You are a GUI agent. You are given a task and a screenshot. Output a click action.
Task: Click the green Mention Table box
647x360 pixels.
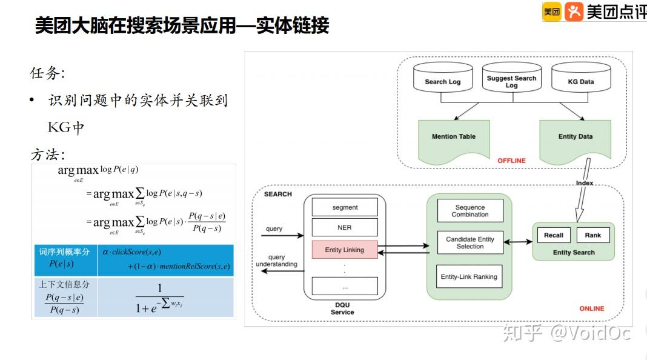[453, 138]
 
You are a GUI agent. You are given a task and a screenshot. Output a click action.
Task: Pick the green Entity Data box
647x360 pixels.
[575, 138]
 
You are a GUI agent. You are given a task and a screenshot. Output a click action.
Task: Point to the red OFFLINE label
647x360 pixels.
[511, 161]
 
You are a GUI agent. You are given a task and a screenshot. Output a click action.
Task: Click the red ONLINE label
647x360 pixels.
[591, 308]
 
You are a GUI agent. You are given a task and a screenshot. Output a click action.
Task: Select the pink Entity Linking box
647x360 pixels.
[345, 250]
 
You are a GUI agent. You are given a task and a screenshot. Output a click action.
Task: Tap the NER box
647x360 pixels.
[345, 228]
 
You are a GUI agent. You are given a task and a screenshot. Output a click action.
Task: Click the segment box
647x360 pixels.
[345, 207]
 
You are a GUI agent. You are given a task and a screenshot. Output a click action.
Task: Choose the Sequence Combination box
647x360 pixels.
[470, 210]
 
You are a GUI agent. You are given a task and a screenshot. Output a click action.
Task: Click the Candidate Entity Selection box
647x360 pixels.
[470, 242]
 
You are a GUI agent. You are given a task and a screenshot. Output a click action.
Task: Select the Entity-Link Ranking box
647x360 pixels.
[469, 276]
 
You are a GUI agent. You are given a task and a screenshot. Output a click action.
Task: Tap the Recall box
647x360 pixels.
[553, 235]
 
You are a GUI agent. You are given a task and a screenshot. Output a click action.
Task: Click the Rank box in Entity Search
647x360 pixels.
[592, 235]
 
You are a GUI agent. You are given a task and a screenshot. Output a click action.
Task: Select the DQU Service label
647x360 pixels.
[342, 308]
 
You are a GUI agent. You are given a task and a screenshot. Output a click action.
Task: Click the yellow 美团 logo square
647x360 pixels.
[551, 12]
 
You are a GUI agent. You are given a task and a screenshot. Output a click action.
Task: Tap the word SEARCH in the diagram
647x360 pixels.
[277, 194]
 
